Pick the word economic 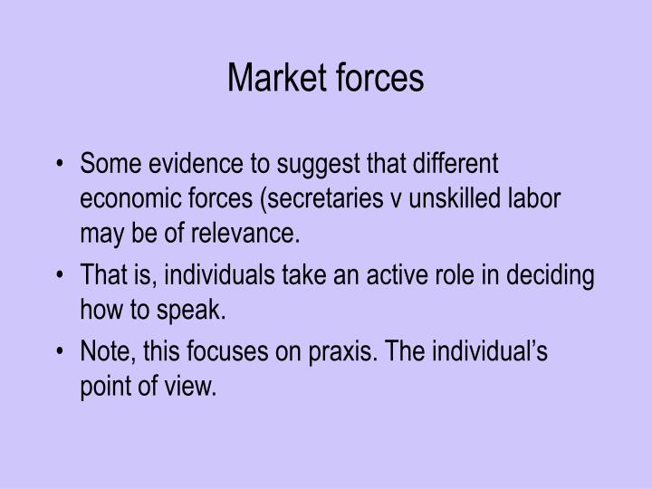[x=129, y=199]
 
